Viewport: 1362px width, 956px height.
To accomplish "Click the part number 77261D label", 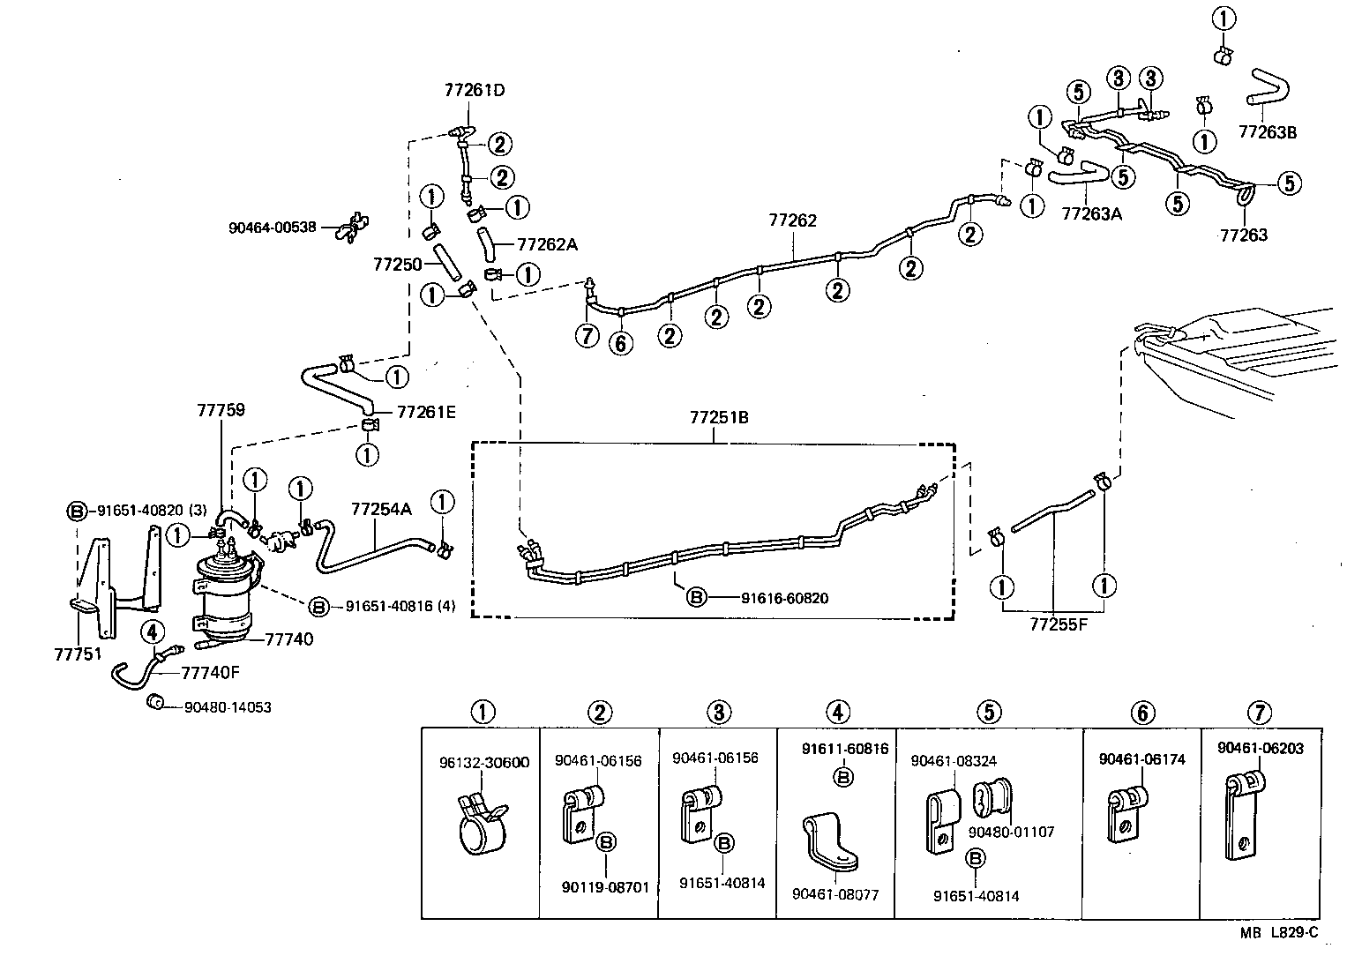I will [475, 90].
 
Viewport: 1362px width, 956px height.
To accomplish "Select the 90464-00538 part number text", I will [272, 227].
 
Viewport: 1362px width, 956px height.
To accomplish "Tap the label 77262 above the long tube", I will [792, 220].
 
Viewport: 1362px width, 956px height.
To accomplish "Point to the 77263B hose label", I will [1268, 132].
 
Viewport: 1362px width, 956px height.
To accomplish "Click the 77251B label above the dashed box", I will [719, 417].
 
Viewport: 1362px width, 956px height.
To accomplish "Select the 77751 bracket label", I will [79, 654].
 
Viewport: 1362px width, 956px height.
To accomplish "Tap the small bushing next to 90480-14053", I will [155, 702].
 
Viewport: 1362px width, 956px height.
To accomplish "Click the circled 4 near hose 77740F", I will [152, 631].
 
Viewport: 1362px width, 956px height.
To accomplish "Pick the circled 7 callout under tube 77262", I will [587, 335].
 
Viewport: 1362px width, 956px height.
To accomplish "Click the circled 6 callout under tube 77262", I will [621, 342].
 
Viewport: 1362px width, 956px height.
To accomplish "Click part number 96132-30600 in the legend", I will [484, 763].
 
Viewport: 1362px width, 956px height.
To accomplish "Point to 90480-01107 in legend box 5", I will [1011, 831].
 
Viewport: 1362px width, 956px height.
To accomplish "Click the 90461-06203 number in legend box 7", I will [1260, 748].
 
